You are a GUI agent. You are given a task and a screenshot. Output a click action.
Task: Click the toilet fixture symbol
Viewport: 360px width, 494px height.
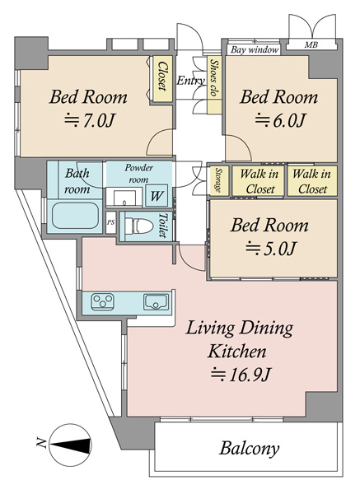tap(138, 226)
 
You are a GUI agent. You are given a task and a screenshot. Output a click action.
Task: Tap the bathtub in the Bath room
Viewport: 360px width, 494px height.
tap(75, 216)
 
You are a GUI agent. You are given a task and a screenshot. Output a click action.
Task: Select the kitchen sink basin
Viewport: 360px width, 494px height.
tap(156, 302)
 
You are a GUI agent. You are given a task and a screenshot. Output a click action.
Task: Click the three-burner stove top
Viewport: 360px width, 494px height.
tap(102, 302)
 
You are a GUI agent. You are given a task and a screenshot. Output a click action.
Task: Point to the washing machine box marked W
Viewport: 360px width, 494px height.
tap(157, 196)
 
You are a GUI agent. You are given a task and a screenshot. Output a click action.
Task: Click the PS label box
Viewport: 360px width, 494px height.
tap(110, 222)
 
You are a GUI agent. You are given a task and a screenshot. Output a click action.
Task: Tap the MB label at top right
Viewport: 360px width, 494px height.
tap(311, 45)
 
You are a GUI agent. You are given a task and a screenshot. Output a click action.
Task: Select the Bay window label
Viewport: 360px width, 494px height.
tap(255, 49)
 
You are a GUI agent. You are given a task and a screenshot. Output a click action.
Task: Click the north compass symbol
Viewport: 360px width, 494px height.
tap(71, 445)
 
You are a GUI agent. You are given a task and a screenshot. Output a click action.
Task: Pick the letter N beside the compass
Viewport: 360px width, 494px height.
tap(41, 442)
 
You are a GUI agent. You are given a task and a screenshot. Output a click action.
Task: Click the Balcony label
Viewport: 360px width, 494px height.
tap(250, 449)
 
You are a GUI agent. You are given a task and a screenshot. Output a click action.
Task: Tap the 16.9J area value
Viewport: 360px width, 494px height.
tap(241, 375)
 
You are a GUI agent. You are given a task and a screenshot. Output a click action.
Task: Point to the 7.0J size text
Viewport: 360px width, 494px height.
tap(89, 120)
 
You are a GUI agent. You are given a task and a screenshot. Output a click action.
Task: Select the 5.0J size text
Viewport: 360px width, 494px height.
tap(271, 248)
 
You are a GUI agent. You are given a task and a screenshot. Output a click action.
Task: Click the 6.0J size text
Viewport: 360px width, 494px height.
tap(280, 120)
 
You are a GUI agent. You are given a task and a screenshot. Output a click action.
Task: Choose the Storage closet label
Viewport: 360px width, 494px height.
tap(218, 180)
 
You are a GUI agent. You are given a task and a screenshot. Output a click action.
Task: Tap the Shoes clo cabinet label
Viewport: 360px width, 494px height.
tap(214, 77)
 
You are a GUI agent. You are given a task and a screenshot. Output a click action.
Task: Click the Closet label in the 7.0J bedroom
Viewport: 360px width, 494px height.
tap(162, 77)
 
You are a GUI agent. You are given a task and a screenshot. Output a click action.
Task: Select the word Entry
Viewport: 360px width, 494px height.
tap(191, 81)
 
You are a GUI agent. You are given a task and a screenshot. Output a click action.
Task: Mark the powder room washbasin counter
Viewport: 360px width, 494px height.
tap(124, 197)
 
